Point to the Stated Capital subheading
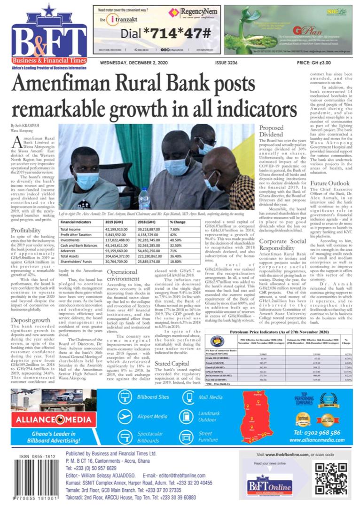[x=172, y=350]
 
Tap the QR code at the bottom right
[x=330, y=480]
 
